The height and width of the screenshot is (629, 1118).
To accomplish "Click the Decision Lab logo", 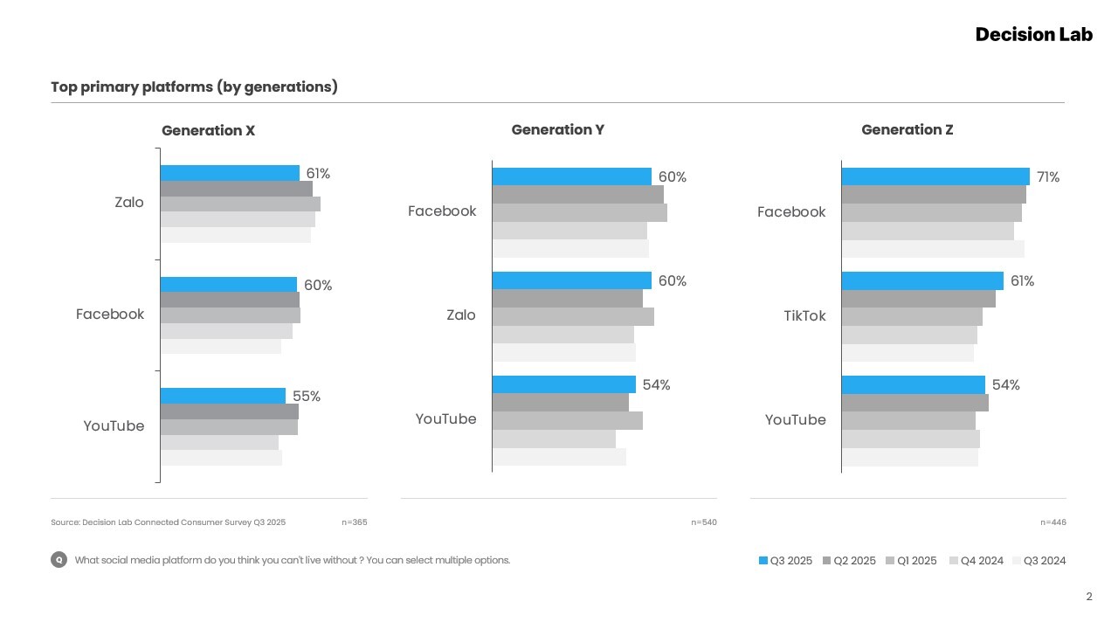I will click(x=1033, y=35).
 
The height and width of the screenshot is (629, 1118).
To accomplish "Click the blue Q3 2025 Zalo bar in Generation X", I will click(x=230, y=173).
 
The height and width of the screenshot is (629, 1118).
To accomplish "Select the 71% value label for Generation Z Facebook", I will click(x=1048, y=177).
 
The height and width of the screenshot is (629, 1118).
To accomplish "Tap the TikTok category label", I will click(x=804, y=316).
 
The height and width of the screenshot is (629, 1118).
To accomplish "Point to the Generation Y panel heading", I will click(x=557, y=130).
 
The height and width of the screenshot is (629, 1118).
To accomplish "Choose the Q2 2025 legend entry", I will click(x=849, y=561).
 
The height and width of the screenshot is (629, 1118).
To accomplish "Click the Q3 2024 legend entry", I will click(x=1039, y=561).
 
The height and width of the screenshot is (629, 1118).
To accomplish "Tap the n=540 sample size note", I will click(x=703, y=522).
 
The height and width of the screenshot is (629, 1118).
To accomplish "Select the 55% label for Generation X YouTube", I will click(x=307, y=397).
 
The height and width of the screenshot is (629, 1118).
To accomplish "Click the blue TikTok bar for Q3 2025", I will click(x=922, y=280).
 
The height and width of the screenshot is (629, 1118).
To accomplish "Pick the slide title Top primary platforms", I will click(x=194, y=87).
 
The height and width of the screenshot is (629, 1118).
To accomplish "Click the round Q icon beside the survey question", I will click(x=59, y=560).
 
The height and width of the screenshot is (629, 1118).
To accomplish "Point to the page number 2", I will click(x=1088, y=598).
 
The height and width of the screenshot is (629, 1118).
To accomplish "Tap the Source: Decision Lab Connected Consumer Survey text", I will click(x=168, y=522).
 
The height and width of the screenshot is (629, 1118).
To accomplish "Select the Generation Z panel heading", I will click(x=907, y=130).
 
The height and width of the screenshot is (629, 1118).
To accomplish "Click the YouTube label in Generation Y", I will click(x=445, y=419).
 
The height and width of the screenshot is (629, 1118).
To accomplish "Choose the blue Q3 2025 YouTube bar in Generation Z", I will click(x=913, y=385).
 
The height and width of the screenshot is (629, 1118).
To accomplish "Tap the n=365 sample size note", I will click(x=354, y=522).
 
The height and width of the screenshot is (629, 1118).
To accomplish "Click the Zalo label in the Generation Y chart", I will click(x=460, y=315).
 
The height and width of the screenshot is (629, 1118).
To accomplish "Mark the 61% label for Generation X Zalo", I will click(x=318, y=174).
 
